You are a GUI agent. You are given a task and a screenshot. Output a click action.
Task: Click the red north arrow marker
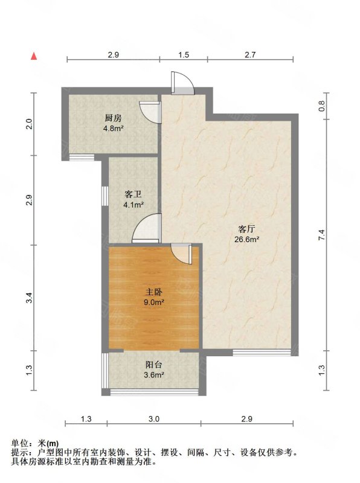(x=34, y=56)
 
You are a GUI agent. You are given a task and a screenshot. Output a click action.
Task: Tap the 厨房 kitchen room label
(x=113, y=118)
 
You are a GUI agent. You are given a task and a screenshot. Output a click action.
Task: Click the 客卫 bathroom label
(x=133, y=194)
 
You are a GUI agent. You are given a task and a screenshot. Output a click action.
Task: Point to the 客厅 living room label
(x=246, y=229)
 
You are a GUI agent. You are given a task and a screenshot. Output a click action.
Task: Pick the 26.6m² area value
(x=246, y=239)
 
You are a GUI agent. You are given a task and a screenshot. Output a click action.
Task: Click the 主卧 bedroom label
(x=154, y=292)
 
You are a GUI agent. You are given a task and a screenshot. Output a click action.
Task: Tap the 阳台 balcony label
(x=154, y=365)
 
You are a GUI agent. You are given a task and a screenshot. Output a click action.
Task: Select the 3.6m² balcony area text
(x=154, y=375)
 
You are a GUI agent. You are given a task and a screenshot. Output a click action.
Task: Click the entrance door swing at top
(x=182, y=82)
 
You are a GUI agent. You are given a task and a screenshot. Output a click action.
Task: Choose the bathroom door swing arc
(x=147, y=228)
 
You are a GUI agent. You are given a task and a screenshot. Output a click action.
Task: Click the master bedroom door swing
(x=182, y=253)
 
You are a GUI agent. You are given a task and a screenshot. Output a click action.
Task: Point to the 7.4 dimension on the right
(x=322, y=235)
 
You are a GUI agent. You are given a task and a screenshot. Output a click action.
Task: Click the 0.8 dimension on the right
(x=322, y=106)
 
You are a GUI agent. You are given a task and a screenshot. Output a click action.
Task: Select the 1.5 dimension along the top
(x=184, y=55)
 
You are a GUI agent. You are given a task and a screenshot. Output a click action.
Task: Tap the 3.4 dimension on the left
(x=29, y=298)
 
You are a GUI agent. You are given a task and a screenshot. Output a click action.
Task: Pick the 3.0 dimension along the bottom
(x=154, y=419)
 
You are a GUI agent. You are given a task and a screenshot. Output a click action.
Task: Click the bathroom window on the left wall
(x=104, y=196)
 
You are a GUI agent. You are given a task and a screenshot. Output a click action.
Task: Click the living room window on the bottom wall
(x=262, y=352)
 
